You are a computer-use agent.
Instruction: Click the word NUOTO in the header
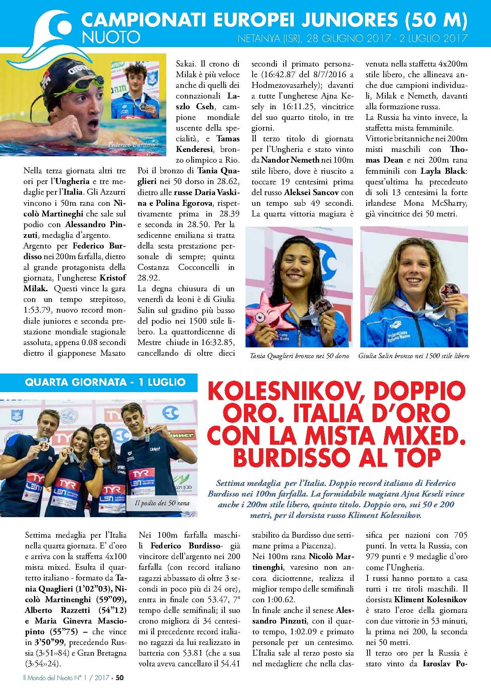pyautogui.click(x=111, y=37)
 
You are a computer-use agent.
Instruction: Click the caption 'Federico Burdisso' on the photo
pyautogui.click(x=132, y=145)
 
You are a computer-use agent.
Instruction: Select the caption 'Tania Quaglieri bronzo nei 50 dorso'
pyautogui.click(x=299, y=356)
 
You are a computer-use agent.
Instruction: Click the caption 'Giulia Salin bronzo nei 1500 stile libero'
pyautogui.click(x=414, y=356)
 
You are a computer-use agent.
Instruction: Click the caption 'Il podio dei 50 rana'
pyautogui.click(x=162, y=503)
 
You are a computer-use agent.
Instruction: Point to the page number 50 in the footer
pyautogui.click(x=120, y=677)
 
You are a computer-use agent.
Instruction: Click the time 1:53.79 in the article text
pyautogui.click(x=40, y=310)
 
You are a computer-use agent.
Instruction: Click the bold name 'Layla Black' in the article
pyautogui.click(x=443, y=171)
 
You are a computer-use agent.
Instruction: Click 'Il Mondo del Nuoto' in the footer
pyautogui.click(x=48, y=677)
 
